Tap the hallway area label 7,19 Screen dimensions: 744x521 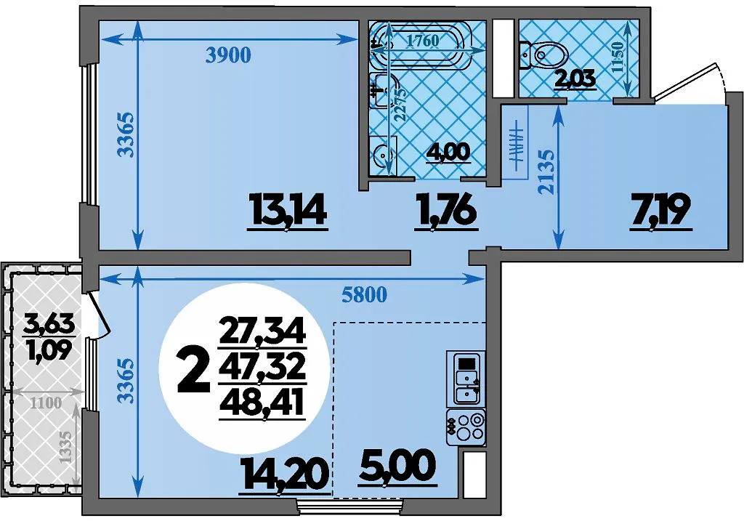(x=660, y=211)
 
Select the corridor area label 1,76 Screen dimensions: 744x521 (x=445, y=211)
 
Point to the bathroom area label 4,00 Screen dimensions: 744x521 (x=448, y=152)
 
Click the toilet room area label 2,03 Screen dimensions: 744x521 (x=575, y=78)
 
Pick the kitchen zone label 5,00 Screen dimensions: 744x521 (x=398, y=467)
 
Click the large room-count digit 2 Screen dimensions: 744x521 (x=193, y=370)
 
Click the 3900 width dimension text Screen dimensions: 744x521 (x=228, y=56)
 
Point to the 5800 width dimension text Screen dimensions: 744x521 (x=364, y=295)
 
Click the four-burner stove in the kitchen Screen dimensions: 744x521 (x=466, y=427)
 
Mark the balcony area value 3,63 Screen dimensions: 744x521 (x=50, y=325)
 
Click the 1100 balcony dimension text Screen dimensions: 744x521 (x=46, y=403)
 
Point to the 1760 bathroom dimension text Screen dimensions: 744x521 (x=424, y=41)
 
